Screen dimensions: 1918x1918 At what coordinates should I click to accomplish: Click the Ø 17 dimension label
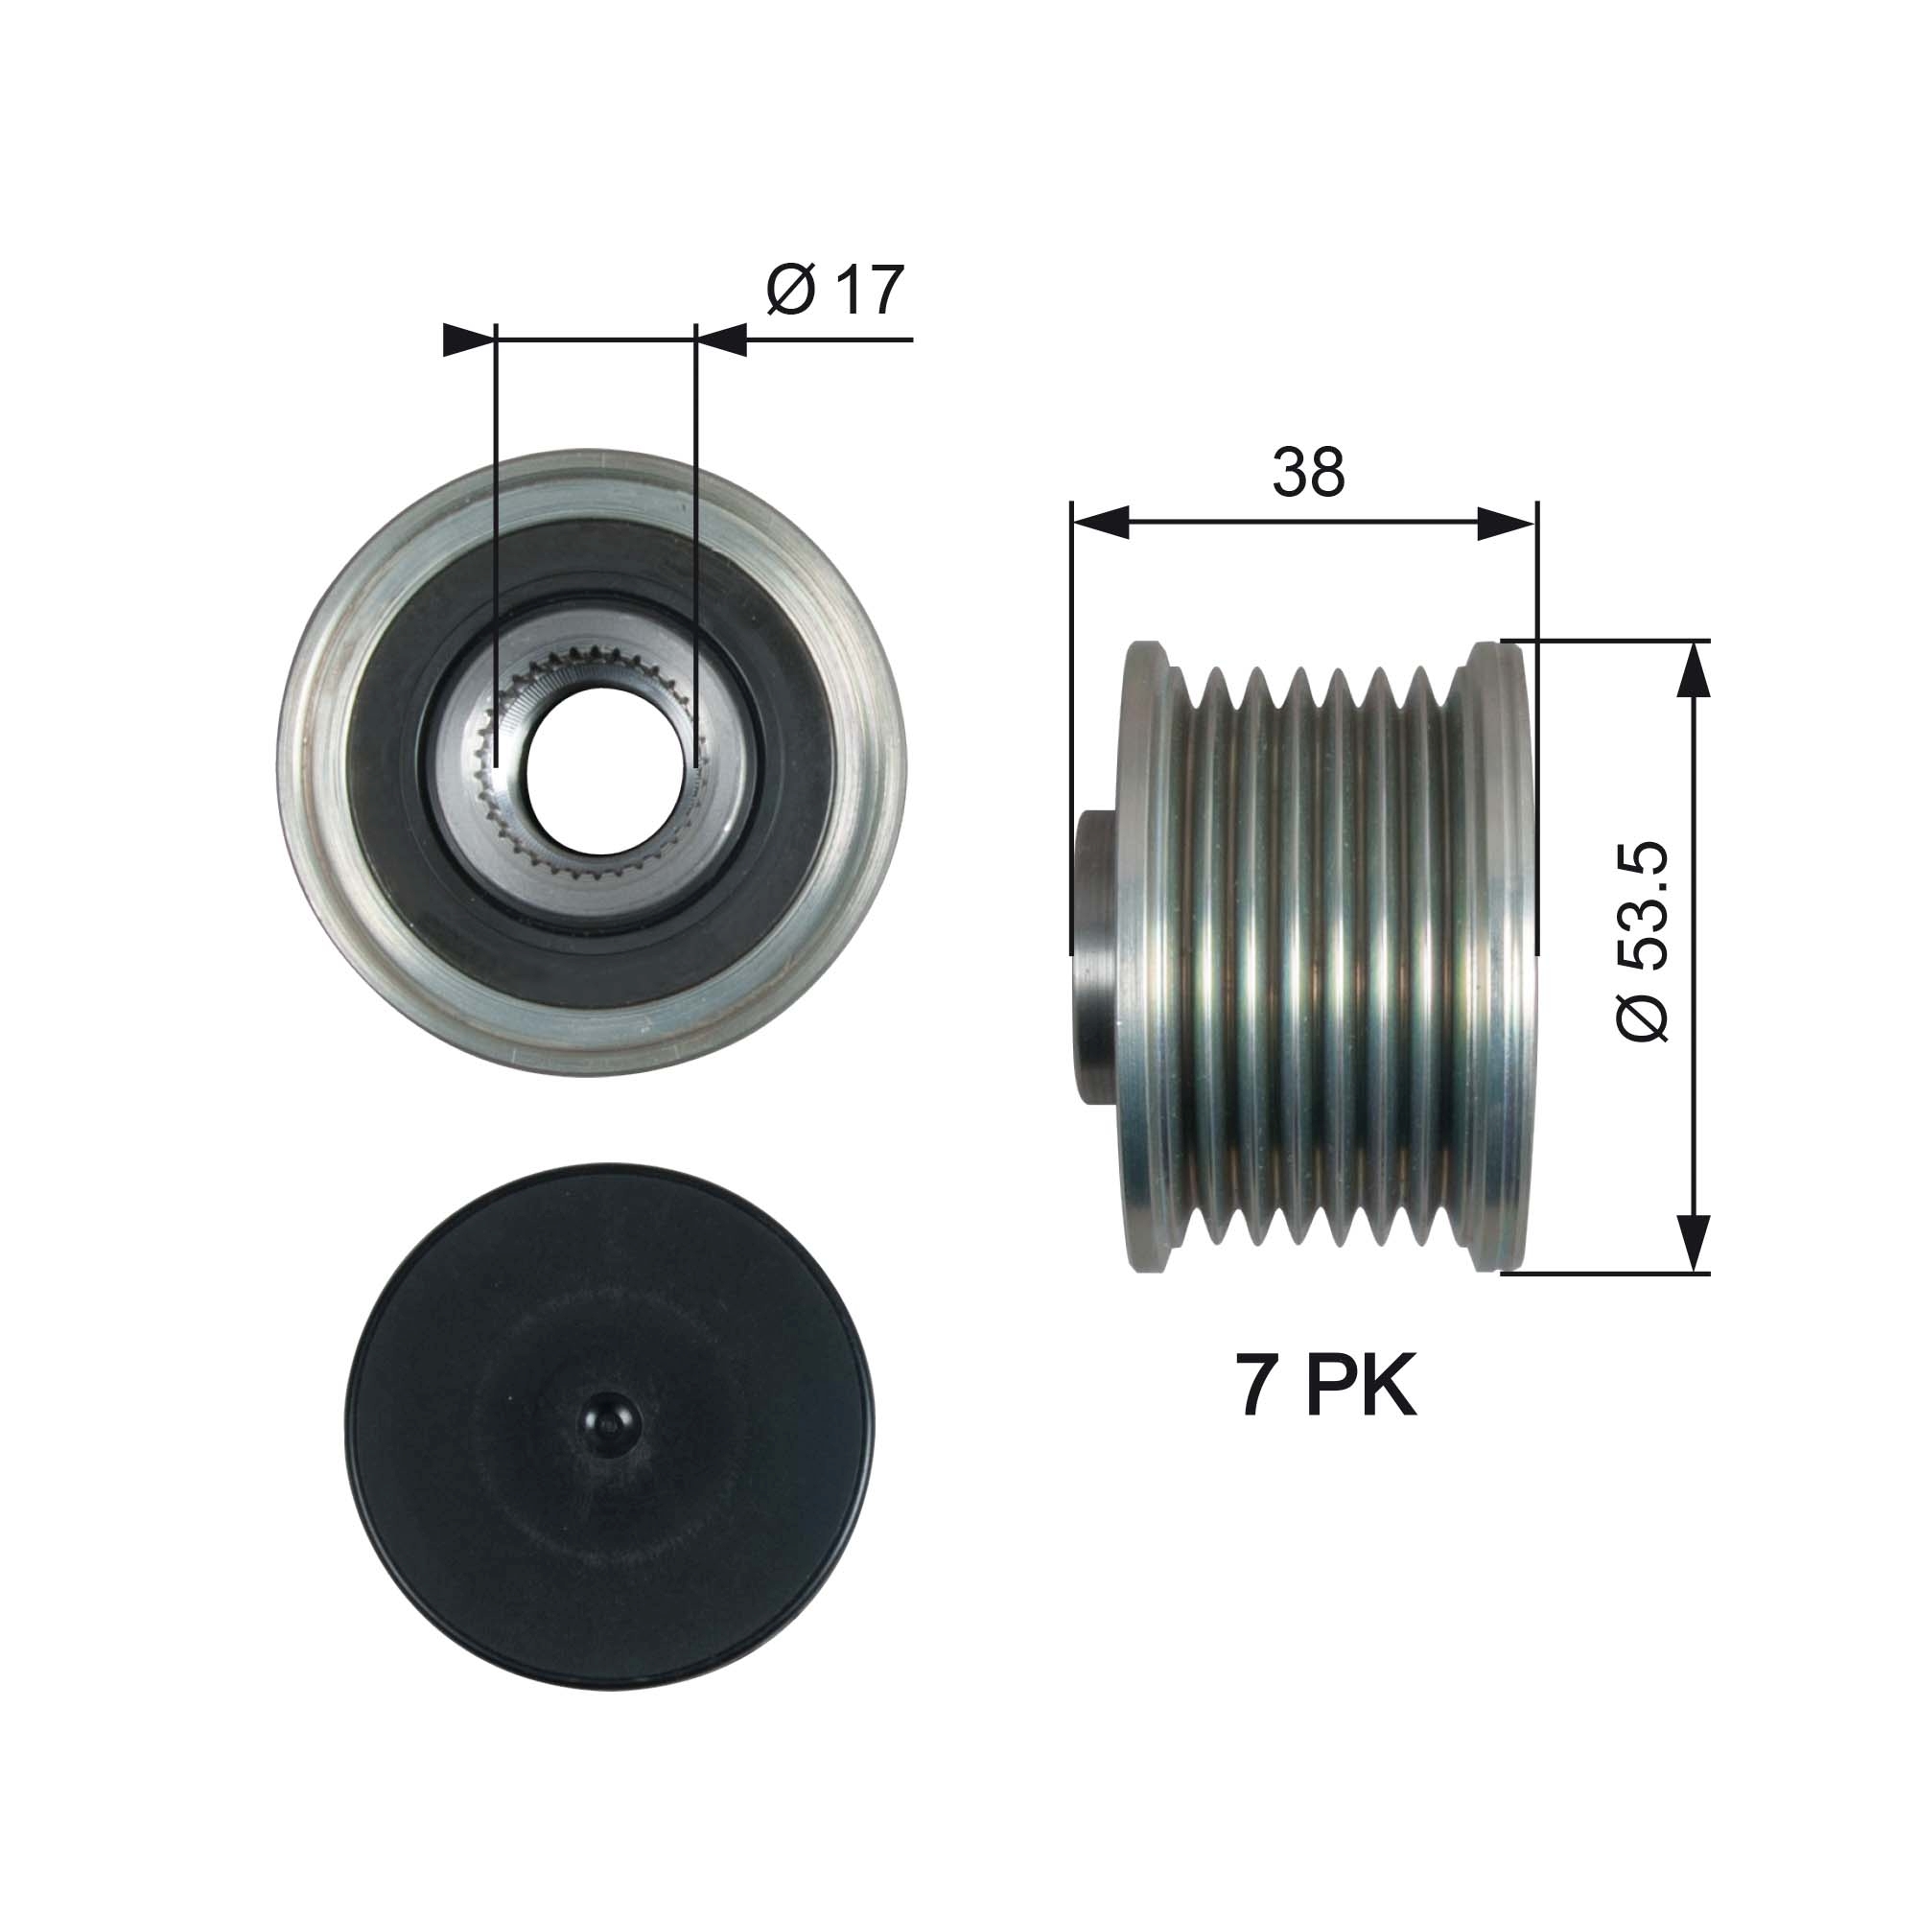[x=835, y=290]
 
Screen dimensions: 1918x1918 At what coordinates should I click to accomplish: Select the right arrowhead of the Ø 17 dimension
[x=721, y=339]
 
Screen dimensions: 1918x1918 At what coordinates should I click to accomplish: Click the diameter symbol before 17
[x=791, y=290]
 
